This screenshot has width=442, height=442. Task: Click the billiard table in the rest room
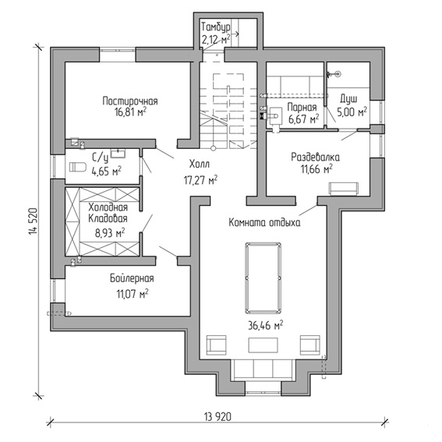(x=263, y=278)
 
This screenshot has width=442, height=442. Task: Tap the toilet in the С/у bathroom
(x=77, y=167)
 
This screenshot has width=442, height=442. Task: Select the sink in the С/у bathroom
(x=118, y=153)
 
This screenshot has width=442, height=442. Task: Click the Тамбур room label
(x=216, y=27)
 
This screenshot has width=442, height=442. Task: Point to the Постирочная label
(x=130, y=101)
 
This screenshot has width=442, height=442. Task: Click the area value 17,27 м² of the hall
(x=200, y=180)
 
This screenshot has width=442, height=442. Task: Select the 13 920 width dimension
(x=217, y=416)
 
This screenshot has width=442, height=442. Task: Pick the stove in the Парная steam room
(x=275, y=115)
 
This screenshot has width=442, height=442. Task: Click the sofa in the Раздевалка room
(x=344, y=189)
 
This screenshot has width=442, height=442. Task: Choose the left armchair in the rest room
(x=216, y=345)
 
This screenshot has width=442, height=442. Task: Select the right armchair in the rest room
(x=309, y=345)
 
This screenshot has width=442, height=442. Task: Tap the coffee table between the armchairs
(x=263, y=345)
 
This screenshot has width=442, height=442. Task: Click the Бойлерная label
(x=132, y=278)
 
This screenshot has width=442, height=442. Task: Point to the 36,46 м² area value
(x=266, y=326)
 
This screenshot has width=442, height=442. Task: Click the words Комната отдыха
(x=264, y=223)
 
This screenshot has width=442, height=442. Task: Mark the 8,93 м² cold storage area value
(x=110, y=233)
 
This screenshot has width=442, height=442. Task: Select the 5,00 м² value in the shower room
(x=352, y=112)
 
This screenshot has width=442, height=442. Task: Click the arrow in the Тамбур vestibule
(x=235, y=34)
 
